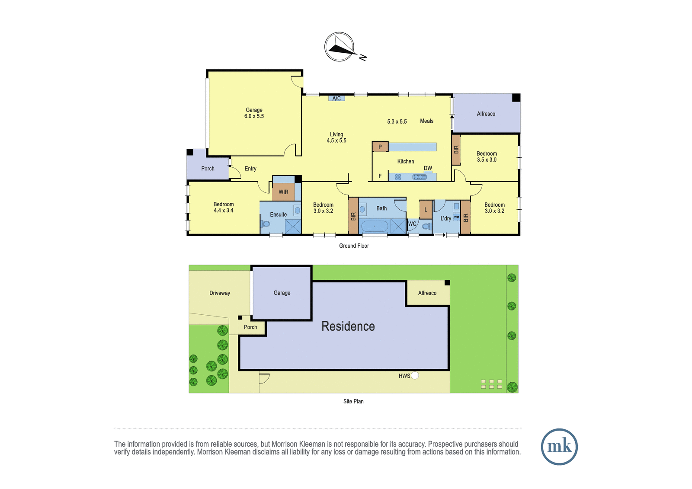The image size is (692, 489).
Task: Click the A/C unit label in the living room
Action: pos(336,98)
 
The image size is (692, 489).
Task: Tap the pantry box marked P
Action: pos(380,147)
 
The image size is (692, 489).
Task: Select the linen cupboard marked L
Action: pos(426,210)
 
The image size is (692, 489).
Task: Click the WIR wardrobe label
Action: pos(283,192)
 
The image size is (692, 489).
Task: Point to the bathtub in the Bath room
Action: pos(375,227)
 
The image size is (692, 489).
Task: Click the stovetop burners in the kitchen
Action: pos(398,177)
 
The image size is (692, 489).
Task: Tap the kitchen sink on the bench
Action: pos(420,177)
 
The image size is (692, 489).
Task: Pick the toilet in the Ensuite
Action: pos(265,224)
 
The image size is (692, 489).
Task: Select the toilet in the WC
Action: pos(426,227)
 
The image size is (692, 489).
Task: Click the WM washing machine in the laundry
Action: pos(457,217)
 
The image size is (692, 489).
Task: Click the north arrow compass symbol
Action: pos(339,47)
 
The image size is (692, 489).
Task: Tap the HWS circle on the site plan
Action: pos(415,375)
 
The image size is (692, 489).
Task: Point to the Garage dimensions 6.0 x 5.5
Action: pos(254,116)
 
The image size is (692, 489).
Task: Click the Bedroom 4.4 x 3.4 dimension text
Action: pos(223,211)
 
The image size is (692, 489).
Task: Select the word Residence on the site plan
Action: pos(348,326)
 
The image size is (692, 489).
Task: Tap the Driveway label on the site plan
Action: pos(220,293)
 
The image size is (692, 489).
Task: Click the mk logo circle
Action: pos(559,447)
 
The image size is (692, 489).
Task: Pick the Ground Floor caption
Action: pos(354,246)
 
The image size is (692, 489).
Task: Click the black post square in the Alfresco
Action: pos(516,98)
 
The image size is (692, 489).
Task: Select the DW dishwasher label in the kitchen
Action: pos(428,168)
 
